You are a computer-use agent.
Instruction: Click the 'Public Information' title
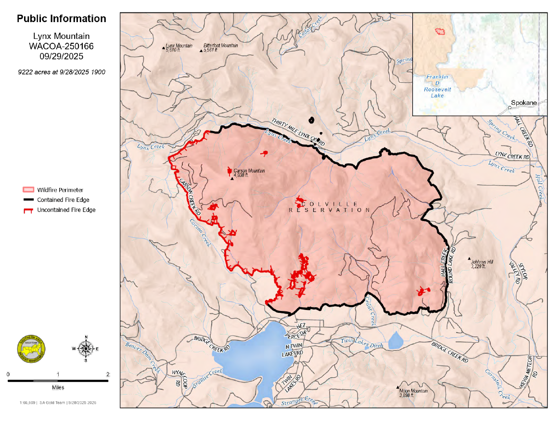[62, 19]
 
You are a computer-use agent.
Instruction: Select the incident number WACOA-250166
[62, 47]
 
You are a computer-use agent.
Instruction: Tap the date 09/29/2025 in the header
[62, 56]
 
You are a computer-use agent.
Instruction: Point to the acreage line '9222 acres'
[62, 72]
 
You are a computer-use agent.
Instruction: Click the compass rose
[86, 348]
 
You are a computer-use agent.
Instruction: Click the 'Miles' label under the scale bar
[58, 387]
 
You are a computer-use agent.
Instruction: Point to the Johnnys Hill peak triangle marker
[470, 260]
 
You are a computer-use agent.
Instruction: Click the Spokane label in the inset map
[523, 103]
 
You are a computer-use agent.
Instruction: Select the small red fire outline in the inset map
[439, 31]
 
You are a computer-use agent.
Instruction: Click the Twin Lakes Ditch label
[361, 341]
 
